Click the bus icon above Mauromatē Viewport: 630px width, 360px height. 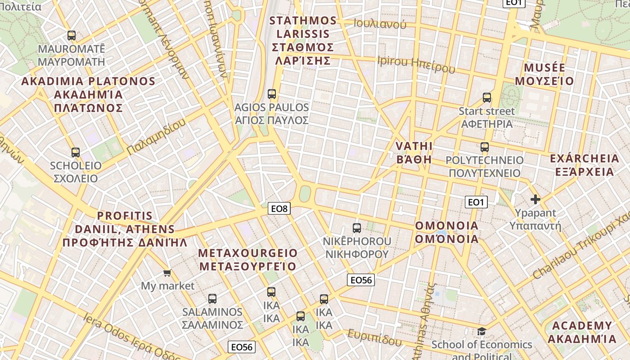(71, 36)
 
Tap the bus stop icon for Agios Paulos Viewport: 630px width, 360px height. (272, 94)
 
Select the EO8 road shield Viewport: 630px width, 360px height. (279, 208)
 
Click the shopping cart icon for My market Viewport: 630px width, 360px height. (167, 273)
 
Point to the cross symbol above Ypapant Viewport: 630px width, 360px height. (535, 199)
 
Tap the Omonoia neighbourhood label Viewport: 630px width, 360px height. (446, 232)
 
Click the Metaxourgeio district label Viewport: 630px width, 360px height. (248, 260)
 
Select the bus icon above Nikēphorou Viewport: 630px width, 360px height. (357, 228)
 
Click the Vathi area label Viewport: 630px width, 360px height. (414, 153)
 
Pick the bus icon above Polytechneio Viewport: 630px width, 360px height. (485, 147)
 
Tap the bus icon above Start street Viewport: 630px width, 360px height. (487, 98)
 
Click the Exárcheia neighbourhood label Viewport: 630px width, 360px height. (584, 165)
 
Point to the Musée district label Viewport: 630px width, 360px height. (544, 75)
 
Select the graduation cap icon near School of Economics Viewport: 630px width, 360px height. (481, 332)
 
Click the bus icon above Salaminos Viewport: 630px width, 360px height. (212, 298)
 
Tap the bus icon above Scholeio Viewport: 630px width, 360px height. (76, 153)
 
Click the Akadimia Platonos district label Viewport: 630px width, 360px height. (88, 94)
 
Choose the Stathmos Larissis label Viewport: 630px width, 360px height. (302, 40)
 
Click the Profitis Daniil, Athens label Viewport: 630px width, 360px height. (125, 229)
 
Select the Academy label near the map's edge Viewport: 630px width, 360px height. (582, 332)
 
